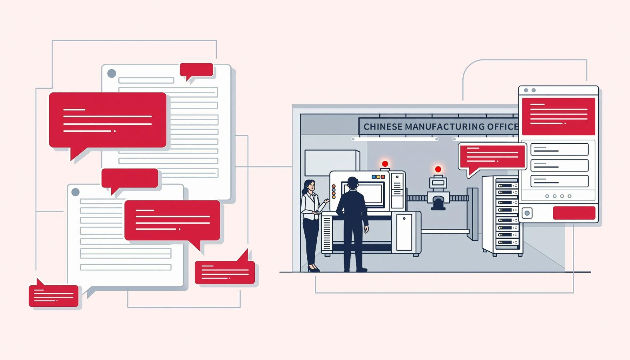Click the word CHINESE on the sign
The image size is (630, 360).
[x=383, y=127]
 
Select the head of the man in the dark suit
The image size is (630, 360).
[x=352, y=183]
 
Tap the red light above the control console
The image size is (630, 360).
[x=385, y=164]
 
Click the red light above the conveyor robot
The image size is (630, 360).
[x=438, y=169]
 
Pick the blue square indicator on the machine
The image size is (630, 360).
[x=374, y=177]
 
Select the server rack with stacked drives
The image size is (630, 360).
[x=502, y=216]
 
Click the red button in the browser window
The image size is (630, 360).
[x=574, y=213]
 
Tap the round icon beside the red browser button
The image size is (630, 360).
[x=527, y=213]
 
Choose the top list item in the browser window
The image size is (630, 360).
[x=560, y=149]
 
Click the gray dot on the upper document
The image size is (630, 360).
[x=112, y=74]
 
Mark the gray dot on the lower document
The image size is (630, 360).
[x=75, y=192]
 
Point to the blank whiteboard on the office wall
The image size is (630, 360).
[x=332, y=163]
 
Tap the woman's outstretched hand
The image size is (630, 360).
[x=326, y=201]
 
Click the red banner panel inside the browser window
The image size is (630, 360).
[x=558, y=116]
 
